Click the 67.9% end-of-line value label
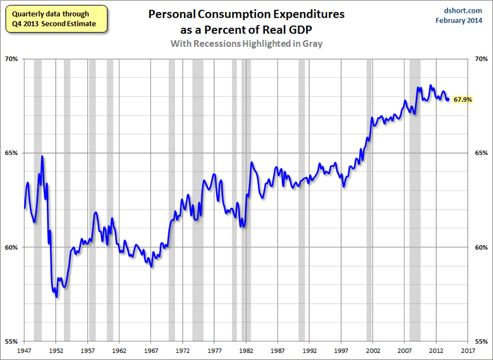(463, 100)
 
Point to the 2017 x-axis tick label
(468, 349)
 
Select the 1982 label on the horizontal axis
(246, 349)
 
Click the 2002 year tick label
(373, 349)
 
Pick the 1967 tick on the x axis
(151, 349)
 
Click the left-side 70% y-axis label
(12, 59)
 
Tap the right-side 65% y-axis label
(481, 153)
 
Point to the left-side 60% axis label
(12, 247)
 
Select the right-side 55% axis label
(481, 341)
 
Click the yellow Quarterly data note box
(53, 19)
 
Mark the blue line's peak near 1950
(42, 156)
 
